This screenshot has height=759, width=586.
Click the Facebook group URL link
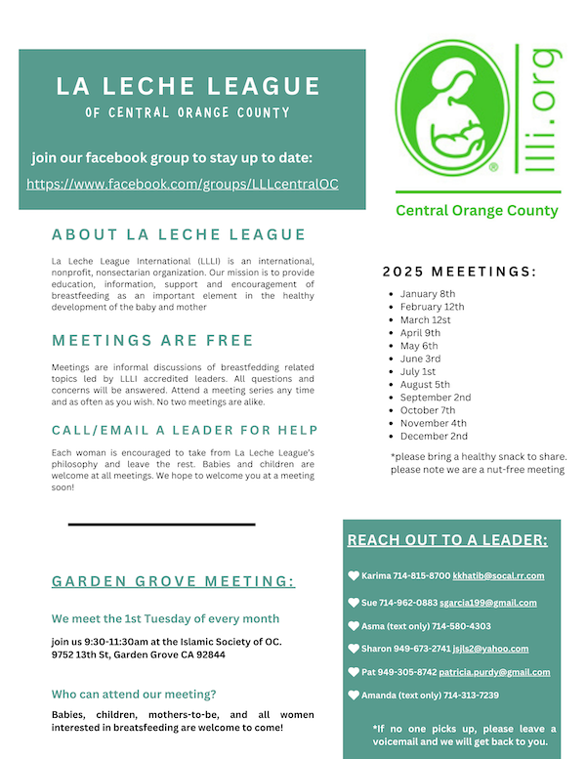pos(182,184)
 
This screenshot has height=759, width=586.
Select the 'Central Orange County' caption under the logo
pos(477,211)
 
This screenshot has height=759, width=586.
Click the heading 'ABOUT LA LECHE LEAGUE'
pos(179,235)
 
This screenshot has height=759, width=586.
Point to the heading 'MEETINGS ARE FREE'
pos(152,341)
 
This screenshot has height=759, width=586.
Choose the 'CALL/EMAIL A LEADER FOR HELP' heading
pos(185,431)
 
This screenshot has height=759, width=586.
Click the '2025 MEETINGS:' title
pos(459,271)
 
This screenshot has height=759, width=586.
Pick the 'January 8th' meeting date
pos(428,294)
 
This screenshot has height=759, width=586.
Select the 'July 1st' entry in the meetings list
pos(418,372)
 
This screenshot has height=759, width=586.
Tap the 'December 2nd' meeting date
pos(435,437)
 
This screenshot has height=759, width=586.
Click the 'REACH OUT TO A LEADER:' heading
pos(447,540)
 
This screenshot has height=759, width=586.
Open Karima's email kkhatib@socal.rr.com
pos(499,576)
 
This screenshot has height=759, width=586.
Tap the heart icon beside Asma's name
pos(354,626)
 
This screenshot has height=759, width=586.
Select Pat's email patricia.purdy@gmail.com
pos(495,672)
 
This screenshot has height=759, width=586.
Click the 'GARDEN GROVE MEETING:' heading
pos(173,582)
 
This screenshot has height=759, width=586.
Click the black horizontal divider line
pos(161,525)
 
